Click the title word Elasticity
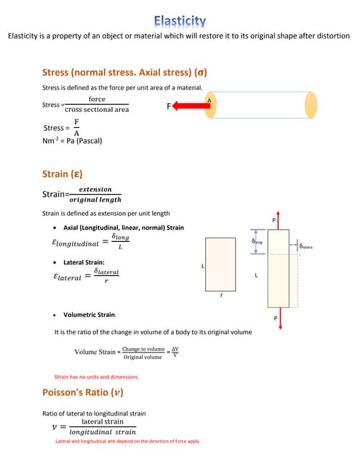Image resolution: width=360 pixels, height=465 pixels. [x=180, y=21]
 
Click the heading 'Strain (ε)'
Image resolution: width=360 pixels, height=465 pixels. [x=63, y=174]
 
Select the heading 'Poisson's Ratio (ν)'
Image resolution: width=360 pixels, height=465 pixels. [x=83, y=392]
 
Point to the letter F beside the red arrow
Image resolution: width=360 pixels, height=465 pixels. [x=169, y=107]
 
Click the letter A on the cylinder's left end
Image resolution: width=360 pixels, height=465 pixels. [x=209, y=100]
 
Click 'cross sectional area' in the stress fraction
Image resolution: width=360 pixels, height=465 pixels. [x=97, y=110]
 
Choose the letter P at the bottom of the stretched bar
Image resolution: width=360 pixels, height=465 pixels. [x=275, y=318]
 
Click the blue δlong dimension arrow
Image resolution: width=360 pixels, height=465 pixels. [x=255, y=245]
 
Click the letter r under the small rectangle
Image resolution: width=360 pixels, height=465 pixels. [x=221, y=296]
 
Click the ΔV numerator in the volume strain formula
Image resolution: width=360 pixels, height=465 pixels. [x=175, y=349]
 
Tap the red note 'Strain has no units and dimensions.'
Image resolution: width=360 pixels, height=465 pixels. [x=97, y=377]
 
